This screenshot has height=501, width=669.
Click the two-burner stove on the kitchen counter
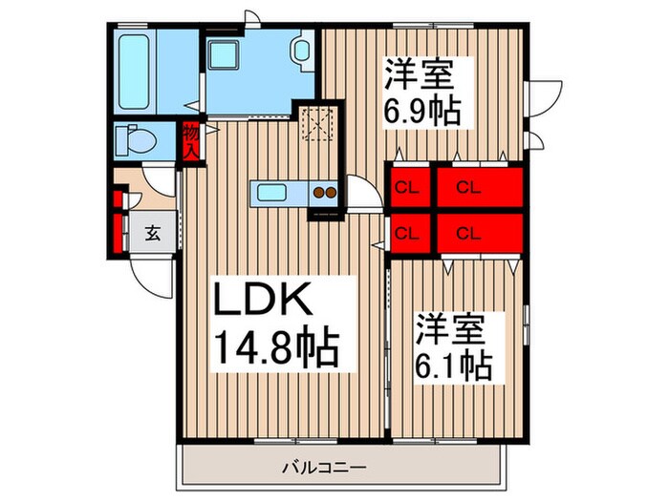pyautogui.click(x=324, y=193)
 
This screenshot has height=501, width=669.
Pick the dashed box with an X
pyautogui.click(x=313, y=122)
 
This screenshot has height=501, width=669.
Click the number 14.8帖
pyautogui.click(x=270, y=349)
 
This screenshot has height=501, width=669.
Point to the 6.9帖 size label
pyautogui.click(x=422, y=110)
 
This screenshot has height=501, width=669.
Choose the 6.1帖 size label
pyautogui.click(x=453, y=364)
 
